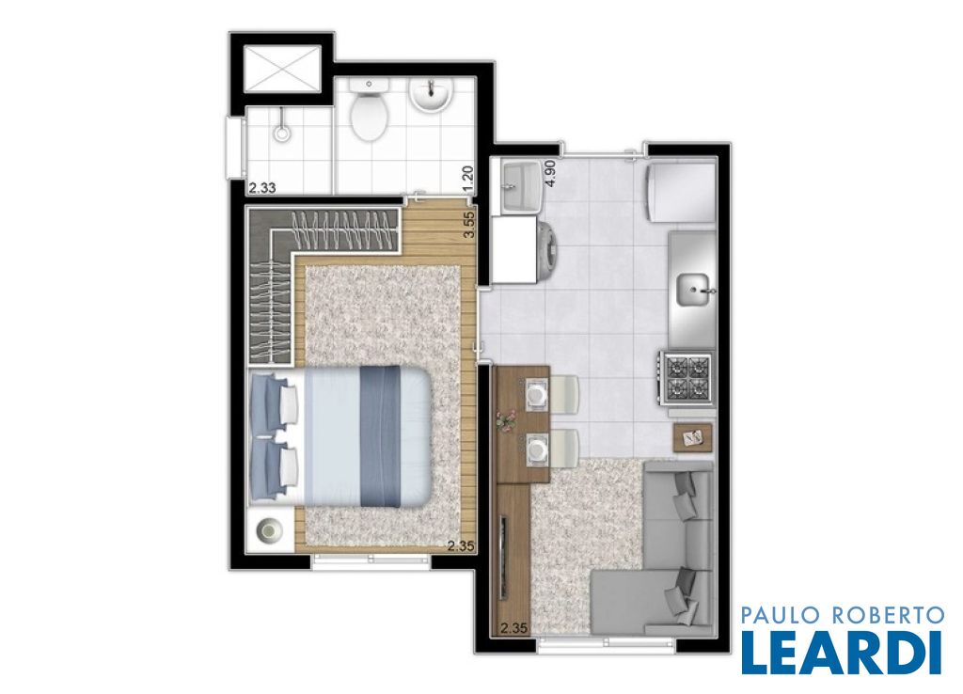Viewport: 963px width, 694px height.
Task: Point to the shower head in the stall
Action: click(282, 133)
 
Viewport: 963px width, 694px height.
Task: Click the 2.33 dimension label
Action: click(261, 189)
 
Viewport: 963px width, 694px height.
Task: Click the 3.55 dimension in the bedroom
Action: click(469, 226)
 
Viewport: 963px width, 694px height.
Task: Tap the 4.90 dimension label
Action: click(550, 173)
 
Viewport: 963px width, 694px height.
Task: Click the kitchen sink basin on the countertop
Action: click(694, 290)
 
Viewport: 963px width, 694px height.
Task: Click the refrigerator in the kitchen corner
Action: click(681, 190)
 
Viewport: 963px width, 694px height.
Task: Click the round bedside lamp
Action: click(270, 529)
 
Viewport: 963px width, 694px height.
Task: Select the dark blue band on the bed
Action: click(380, 436)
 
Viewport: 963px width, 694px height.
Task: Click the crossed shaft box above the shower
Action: click(282, 68)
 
